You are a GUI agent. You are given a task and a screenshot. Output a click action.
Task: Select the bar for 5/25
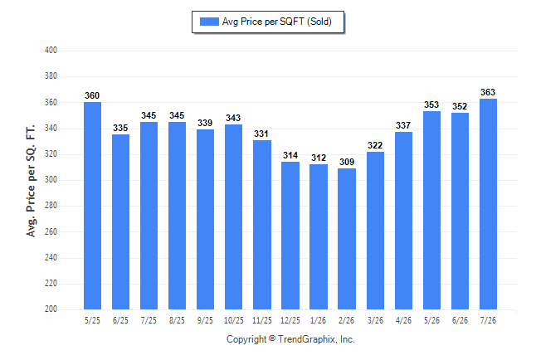tap(92, 206)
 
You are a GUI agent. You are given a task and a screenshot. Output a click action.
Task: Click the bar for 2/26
tap(347, 239)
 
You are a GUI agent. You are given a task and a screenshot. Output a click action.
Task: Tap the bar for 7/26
tap(488, 204)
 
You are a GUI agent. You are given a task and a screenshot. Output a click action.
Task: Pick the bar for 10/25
tap(233, 216)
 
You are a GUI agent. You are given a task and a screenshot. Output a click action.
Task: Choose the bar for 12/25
tap(290, 236)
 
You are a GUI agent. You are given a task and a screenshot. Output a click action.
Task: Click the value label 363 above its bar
tap(488, 92)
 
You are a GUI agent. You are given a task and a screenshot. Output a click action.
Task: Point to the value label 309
tap(347, 162)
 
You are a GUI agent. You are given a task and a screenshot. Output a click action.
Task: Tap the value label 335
tap(120, 128)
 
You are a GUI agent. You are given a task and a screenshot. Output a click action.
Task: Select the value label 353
tap(431, 105)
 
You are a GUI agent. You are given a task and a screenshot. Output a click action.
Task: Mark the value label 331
tap(261, 134)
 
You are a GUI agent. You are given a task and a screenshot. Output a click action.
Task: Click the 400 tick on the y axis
tap(51, 51)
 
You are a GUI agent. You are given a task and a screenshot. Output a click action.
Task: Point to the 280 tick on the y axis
tap(51, 206)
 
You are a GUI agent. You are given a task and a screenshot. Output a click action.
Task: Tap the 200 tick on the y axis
tap(51, 309)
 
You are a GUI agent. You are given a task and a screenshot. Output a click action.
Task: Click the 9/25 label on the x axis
tap(205, 320)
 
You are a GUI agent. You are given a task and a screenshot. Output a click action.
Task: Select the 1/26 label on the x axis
tap(319, 320)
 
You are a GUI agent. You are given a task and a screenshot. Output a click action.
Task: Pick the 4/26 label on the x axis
tap(403, 320)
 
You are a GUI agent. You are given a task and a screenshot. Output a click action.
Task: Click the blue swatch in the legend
tap(209, 22)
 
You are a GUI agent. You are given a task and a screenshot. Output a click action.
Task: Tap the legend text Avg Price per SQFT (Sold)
tap(277, 22)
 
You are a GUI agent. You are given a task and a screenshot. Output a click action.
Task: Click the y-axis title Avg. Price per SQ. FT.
tap(31, 181)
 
